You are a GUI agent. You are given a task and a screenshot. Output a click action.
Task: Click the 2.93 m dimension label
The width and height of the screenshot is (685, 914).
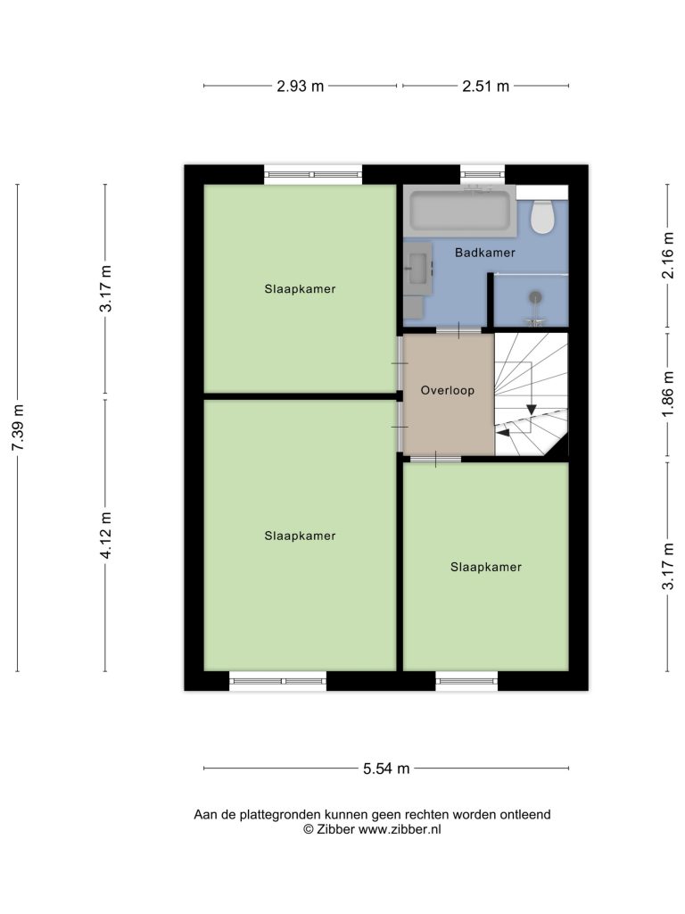300,87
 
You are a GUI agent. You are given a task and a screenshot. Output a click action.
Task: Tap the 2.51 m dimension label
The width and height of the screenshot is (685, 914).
486,87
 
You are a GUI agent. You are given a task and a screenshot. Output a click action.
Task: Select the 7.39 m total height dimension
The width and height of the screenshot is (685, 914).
18,427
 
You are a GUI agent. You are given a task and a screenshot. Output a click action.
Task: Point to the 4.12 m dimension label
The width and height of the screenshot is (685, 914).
105,536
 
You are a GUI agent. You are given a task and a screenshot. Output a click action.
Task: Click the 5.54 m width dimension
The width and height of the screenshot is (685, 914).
386,769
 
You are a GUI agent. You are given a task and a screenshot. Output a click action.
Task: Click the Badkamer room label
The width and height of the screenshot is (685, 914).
485,253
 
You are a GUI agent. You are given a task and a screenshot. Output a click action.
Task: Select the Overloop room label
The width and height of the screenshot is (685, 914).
448,391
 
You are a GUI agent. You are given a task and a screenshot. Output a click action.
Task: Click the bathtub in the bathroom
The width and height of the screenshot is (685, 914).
460,211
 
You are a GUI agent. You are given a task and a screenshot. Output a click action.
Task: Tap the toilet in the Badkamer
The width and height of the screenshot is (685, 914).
543,217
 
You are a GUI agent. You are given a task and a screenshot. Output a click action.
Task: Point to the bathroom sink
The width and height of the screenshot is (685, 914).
418,270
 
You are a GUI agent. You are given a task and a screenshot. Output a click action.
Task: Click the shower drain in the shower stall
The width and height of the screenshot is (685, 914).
535,297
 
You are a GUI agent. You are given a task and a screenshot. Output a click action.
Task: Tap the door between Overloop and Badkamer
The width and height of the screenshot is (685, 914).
458,330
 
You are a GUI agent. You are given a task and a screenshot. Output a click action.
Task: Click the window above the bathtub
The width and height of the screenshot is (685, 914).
483,174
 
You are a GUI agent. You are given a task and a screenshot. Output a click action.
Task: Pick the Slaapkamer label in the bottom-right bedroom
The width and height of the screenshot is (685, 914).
486,567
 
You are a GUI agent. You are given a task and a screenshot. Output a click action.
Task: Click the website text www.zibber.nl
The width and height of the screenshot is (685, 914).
399,829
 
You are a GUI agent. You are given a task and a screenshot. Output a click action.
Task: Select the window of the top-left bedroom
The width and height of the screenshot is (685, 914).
313,174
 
